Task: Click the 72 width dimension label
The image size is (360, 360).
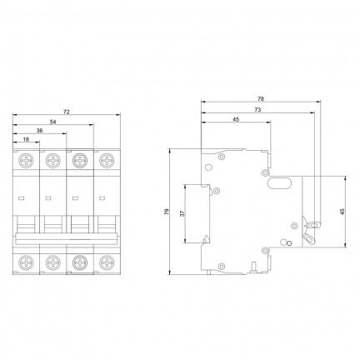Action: click(67, 112)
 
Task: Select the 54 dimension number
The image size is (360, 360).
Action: click(52, 122)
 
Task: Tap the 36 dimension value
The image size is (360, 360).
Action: click(40, 131)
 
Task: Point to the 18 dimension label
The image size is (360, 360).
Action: click(26, 139)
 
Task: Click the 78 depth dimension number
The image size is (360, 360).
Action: click(261, 98)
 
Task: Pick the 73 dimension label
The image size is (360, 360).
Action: click(257, 110)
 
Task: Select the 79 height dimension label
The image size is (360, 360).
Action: click(167, 212)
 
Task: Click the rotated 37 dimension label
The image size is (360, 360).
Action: click(182, 213)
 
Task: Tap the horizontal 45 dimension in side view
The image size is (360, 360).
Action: click(236, 119)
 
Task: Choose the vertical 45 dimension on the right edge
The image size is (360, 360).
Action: click(342, 212)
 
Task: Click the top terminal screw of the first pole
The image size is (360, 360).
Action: click(26, 161)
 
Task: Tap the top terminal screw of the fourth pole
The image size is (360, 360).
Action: click(107, 161)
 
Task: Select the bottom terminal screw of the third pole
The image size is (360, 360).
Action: click(80, 262)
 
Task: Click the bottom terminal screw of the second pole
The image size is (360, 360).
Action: click(52, 262)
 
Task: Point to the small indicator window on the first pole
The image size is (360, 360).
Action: click(21, 198)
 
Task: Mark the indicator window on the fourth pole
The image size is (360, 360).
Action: click(102, 198)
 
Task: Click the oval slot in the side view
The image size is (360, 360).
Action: click(279, 183)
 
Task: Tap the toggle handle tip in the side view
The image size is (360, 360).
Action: click(314, 224)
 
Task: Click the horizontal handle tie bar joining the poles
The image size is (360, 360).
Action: click(67, 238)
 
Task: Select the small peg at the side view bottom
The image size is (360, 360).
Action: click(253, 266)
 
